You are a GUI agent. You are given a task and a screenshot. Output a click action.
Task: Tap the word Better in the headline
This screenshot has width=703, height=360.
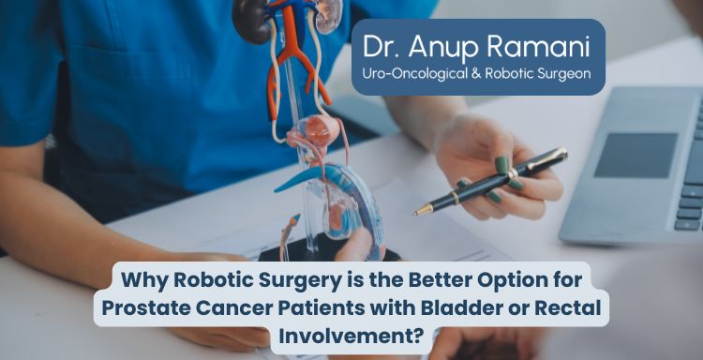pyautogui.click(x=414, y=278)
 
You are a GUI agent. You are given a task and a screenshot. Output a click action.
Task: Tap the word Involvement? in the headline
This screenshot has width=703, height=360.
pyautogui.click(x=351, y=335)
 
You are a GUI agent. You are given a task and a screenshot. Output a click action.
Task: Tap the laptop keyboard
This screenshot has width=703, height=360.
pyautogui.click(x=692, y=178)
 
